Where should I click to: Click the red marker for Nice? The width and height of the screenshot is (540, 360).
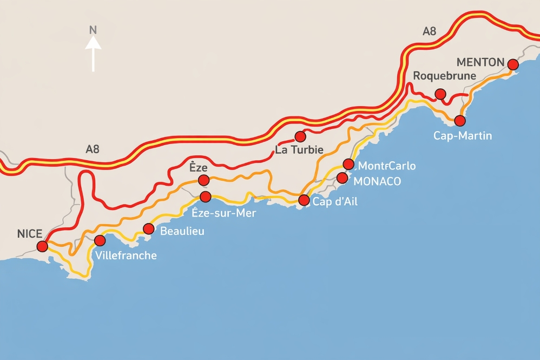(42, 246)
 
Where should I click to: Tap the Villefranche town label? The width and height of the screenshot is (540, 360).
(125, 255)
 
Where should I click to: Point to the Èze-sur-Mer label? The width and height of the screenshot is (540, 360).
(224, 213)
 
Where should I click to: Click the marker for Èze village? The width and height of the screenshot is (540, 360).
(203, 180)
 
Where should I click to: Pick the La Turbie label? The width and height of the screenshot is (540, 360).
(299, 150)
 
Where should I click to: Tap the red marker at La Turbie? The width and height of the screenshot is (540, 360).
(300, 136)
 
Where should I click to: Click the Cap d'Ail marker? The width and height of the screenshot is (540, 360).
(304, 200)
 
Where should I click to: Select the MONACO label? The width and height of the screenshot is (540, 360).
(377, 181)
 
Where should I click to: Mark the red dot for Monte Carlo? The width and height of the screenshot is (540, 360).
(348, 164)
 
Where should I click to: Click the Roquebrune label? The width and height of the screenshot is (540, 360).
(444, 76)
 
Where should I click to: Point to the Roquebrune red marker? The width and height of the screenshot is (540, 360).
(440, 94)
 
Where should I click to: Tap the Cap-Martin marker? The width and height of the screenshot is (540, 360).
(460, 120)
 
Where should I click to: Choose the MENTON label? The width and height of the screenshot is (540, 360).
(480, 62)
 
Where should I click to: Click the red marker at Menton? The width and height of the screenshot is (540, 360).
(513, 64)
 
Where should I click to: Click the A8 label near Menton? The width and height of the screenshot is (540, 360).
(429, 31)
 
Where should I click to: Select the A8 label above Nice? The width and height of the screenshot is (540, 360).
(93, 149)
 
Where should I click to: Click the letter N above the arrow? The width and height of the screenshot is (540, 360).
(93, 30)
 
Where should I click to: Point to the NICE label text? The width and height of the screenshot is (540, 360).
(30, 234)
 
